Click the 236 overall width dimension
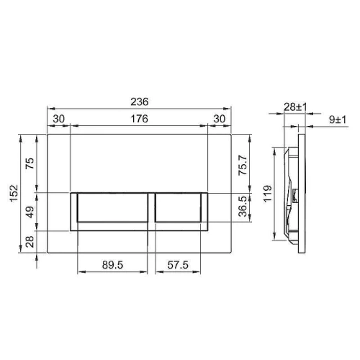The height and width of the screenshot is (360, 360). tap(140, 102)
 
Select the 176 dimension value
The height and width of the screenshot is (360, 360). tap(140, 119)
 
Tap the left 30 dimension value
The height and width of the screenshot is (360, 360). tap(59, 119)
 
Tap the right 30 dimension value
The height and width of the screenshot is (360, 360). tap(220, 119)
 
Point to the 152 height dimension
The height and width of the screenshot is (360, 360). tap(14, 193)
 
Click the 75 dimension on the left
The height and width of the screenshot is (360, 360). tap(30, 163)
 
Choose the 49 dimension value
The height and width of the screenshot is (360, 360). tap(30, 212)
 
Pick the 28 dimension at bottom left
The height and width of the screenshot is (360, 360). tap(30, 242)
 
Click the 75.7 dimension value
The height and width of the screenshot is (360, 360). tap(243, 165)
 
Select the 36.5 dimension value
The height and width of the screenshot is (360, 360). tap(243, 207)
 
